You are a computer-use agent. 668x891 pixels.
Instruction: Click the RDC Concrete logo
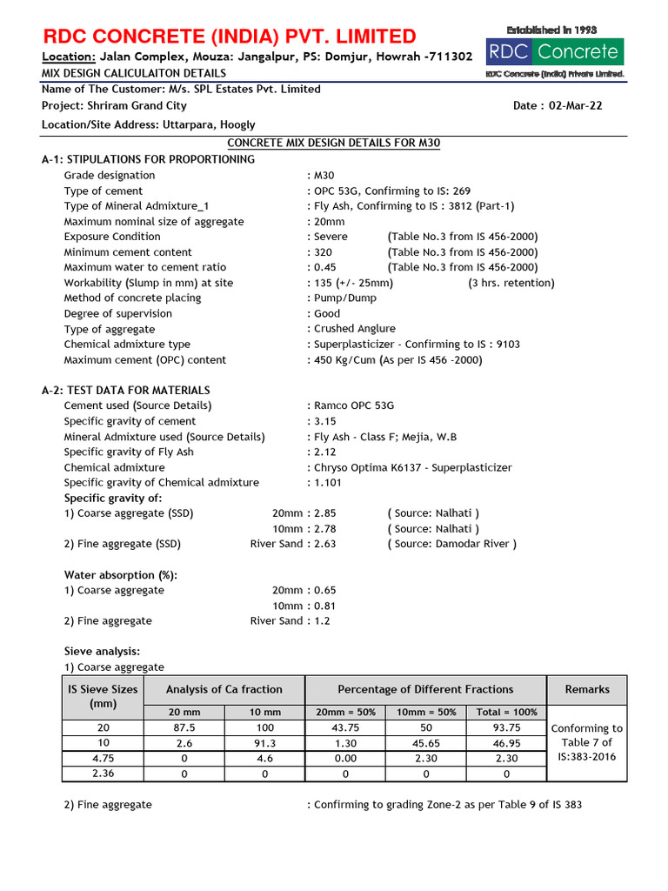tap(555, 52)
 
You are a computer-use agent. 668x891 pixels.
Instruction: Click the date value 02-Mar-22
tap(575, 106)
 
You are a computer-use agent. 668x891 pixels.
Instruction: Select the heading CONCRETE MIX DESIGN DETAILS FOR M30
tap(333, 143)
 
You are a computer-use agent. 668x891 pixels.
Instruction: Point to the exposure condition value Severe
tap(331, 237)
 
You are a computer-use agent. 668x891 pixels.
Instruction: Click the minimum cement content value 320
tap(324, 252)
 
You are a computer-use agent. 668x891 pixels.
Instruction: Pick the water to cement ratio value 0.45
tap(325, 267)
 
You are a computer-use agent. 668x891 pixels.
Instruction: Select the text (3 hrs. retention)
tap(511, 283)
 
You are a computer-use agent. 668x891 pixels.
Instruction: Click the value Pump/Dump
tap(344, 298)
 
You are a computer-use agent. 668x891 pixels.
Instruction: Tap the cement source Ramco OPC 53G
tap(354, 405)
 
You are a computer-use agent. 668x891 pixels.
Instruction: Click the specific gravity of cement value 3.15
tap(325, 421)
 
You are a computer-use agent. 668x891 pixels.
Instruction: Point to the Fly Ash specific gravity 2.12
tap(325, 452)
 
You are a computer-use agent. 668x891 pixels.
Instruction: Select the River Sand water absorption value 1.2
tap(322, 621)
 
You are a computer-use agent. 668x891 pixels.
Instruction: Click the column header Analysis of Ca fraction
tap(224, 689)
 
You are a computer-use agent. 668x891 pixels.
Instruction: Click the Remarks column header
tap(587, 689)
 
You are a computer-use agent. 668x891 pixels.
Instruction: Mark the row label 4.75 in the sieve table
tap(103, 758)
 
